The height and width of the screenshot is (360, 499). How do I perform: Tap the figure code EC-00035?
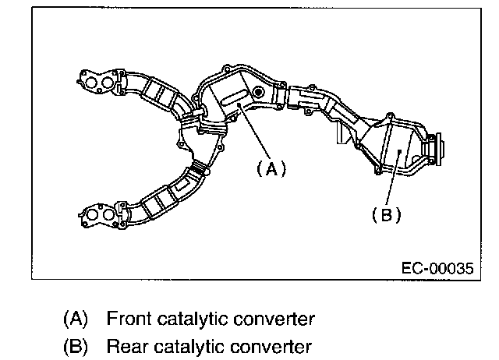tap(437, 267)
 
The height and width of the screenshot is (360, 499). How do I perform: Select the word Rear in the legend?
tap(122, 345)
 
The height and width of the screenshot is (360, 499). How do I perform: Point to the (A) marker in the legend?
tap(75, 319)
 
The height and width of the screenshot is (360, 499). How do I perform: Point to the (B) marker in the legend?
tap(75, 345)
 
